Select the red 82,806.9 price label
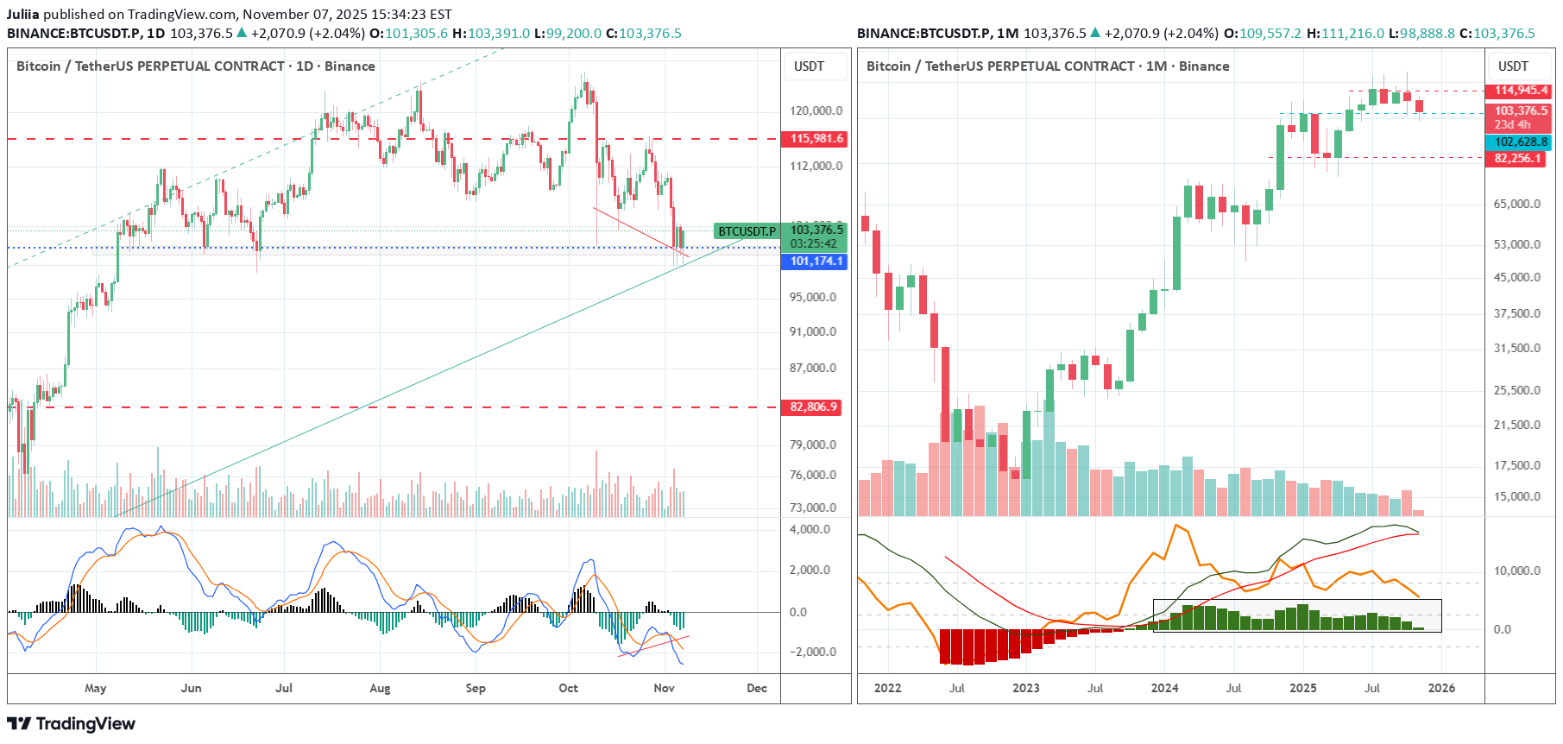pos(813,407)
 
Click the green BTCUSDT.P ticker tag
pos(747,231)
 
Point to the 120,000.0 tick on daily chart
pos(816,110)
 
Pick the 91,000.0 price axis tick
pos(813,331)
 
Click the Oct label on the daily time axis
pos(568,688)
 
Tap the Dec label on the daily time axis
pos(756,688)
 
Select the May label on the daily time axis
pos(95,688)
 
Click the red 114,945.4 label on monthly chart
pos(1521,91)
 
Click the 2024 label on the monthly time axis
pos(1164,688)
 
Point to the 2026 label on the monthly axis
pos(1441,688)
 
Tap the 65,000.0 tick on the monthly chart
pos(1517,204)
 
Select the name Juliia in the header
pos(23,15)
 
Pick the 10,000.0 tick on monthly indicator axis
pos(1517,571)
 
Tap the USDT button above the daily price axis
pos(809,66)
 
